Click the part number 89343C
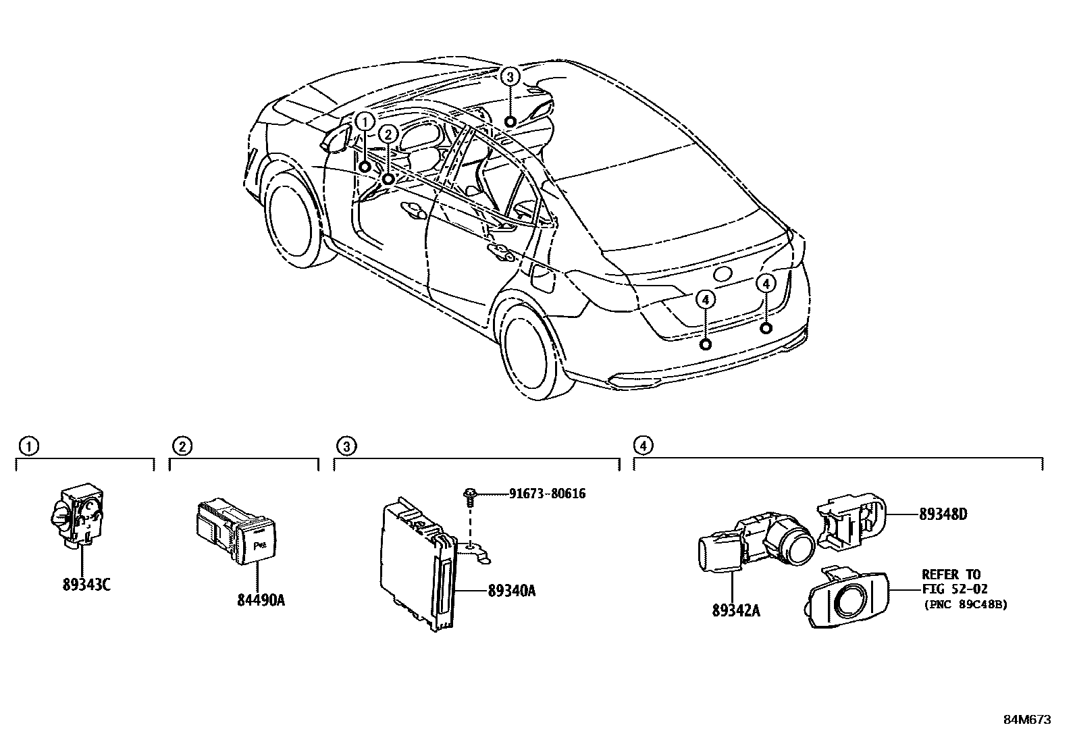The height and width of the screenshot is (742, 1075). (86, 585)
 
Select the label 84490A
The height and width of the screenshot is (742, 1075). (261, 600)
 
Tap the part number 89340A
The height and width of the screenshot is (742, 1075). (512, 591)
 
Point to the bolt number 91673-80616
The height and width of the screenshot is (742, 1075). (547, 494)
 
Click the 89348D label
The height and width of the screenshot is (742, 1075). (943, 514)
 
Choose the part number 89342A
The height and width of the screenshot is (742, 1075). (736, 610)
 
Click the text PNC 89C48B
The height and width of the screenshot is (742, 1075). (966, 604)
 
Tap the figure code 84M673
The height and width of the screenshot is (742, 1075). (1028, 720)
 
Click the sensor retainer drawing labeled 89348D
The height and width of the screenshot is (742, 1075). (851, 521)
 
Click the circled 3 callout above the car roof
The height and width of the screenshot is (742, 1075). (510, 77)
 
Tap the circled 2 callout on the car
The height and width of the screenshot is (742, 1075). (388, 134)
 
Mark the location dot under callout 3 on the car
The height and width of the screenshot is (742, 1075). (510, 122)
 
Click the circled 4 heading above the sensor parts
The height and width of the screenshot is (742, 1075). (643, 446)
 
